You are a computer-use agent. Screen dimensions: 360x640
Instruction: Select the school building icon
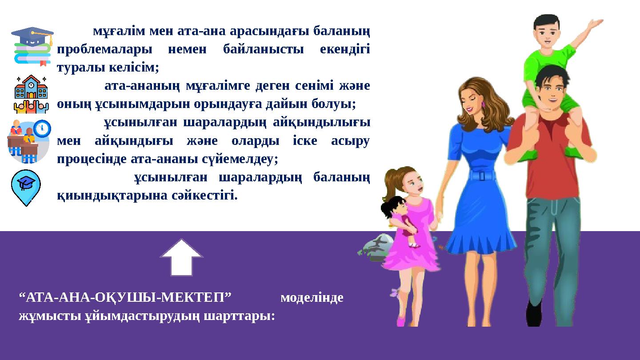[x=31, y=94]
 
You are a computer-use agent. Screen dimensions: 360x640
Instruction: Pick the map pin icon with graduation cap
[x=26, y=187]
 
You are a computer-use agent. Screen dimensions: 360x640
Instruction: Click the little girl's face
[x=413, y=185]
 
